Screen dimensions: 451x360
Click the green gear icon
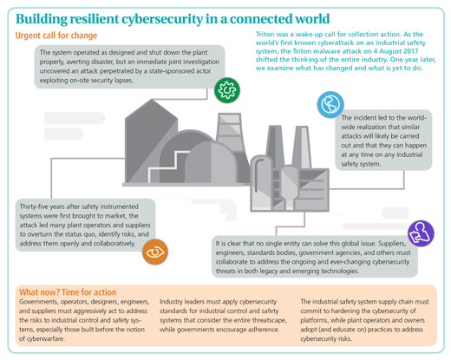click(x=227, y=90)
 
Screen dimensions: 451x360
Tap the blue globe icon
click(x=330, y=104)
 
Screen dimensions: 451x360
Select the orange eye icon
click(x=155, y=252)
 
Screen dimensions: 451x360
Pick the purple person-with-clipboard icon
click(x=421, y=233)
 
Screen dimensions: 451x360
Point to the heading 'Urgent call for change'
click(x=56, y=36)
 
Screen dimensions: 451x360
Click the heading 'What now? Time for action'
click(x=68, y=292)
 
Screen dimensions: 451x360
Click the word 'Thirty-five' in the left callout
click(x=34, y=206)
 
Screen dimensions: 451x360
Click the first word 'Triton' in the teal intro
click(x=265, y=35)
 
